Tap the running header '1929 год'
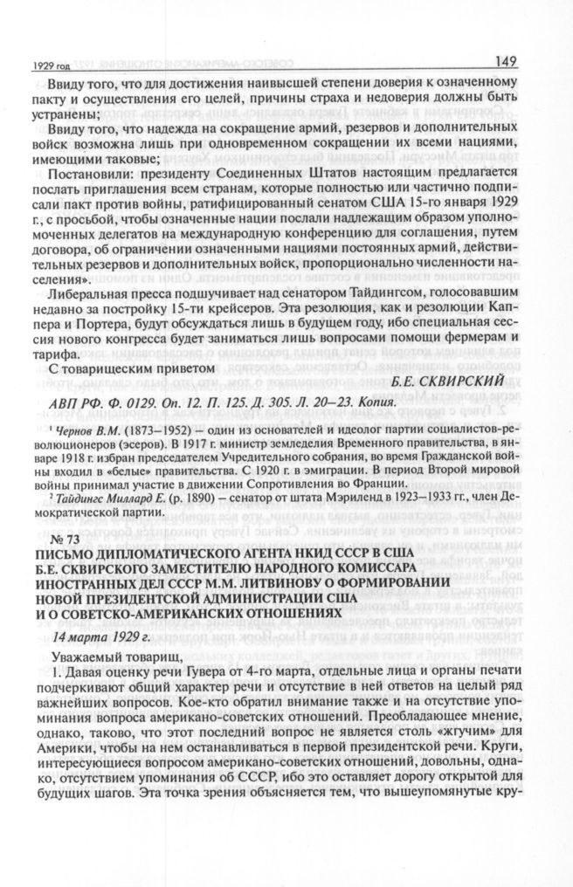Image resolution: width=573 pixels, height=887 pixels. (46, 65)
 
